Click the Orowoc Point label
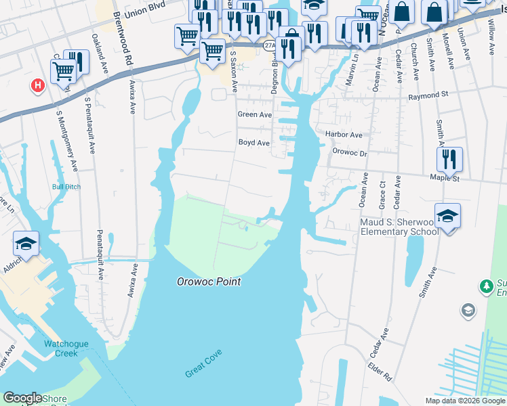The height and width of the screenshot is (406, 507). [x=209, y=281]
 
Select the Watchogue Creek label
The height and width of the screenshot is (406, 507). [x=66, y=348]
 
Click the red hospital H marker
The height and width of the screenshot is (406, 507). [x=38, y=86]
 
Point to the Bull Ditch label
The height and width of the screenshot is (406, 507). [x=66, y=187]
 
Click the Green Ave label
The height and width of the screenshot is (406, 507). [x=254, y=115]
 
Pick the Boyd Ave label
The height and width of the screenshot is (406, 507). [x=254, y=143]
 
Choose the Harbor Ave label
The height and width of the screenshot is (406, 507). [x=344, y=135]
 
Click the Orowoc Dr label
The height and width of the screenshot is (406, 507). [x=349, y=153]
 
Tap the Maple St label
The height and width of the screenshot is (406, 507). [x=445, y=179]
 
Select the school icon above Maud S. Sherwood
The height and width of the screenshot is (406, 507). [x=447, y=216]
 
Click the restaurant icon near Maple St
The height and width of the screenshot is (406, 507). [x=449, y=160]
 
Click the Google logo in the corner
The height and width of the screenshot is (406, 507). [x=22, y=398]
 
